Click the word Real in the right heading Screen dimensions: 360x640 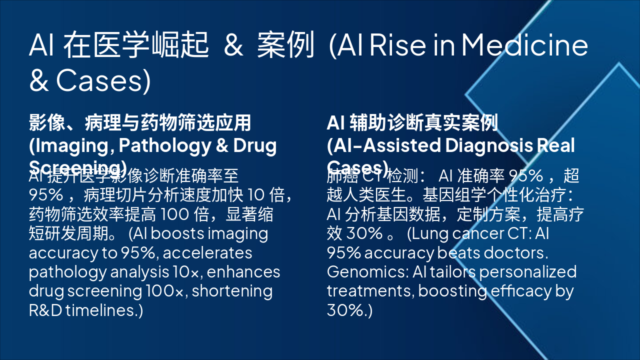tap(555, 145)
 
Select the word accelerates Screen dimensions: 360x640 tap(207, 252)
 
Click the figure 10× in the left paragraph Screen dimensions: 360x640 tap(187, 271)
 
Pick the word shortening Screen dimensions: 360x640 tap(232, 290)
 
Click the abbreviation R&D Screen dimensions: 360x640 tap(45, 310)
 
